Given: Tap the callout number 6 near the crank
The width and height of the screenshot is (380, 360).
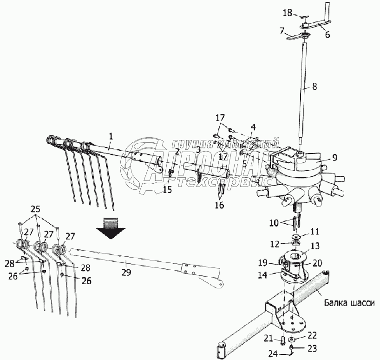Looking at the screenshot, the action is click(328, 34).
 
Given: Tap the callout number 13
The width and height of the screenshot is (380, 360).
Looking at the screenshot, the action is click(314, 246).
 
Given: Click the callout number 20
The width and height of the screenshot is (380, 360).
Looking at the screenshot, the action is click(317, 262).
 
